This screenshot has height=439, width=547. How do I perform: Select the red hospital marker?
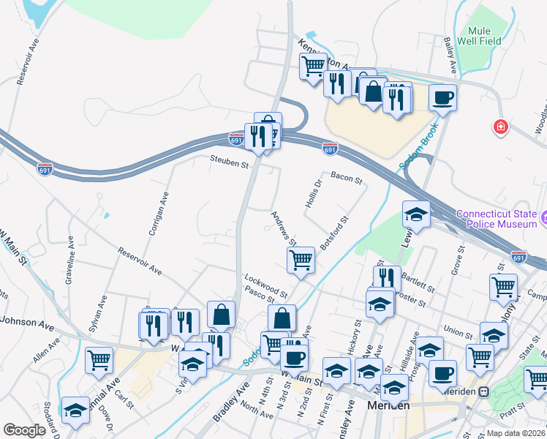point(500,127)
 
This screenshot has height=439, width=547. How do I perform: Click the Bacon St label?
point(347,178)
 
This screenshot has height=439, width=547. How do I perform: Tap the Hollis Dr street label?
point(314,193)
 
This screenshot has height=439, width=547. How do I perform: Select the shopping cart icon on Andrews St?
point(301,259)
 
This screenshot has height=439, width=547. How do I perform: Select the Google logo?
point(24,430)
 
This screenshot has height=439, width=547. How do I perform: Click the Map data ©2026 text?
point(516,433)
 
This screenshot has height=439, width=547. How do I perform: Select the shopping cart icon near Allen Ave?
point(99,359)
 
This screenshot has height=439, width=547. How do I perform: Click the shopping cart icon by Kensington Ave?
point(313,66)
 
